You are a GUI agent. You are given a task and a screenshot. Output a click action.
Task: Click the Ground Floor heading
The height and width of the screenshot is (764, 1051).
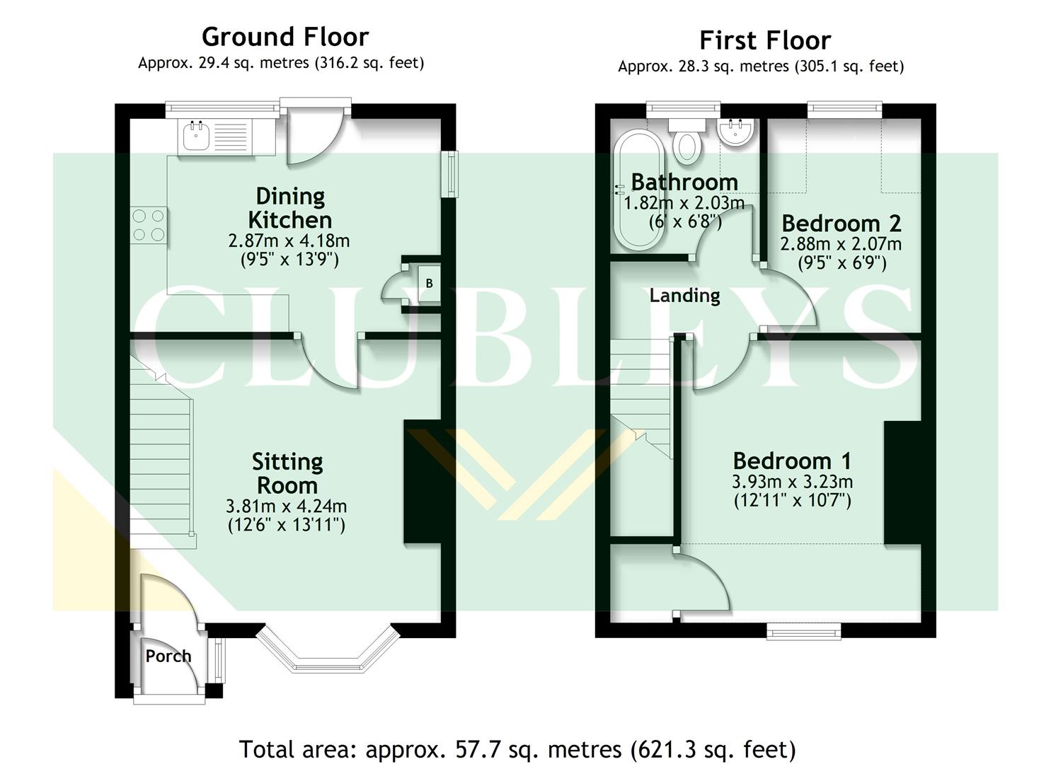tap(285, 37)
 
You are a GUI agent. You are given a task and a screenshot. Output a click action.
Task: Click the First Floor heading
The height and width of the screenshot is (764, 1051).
tap(764, 40)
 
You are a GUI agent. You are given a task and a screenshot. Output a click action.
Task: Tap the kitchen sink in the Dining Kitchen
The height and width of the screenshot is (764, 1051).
tap(195, 136)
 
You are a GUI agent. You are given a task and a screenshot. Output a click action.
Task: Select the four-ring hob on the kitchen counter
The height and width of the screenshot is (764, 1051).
tap(149, 225)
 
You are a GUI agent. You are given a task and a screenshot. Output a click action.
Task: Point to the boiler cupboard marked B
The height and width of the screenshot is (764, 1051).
tap(428, 284)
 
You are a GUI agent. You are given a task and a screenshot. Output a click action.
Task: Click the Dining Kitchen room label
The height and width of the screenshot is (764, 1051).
tap(290, 207)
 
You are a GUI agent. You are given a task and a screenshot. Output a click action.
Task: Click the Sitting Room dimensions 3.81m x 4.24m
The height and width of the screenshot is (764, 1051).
tap(286, 507)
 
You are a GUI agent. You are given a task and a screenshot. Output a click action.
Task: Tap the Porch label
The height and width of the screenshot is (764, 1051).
tap(168, 656)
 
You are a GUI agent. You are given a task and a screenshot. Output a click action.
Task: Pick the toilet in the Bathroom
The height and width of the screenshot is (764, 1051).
tap(686, 140)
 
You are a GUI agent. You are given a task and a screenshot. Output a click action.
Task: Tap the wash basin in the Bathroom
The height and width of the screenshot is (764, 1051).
tap(737, 132)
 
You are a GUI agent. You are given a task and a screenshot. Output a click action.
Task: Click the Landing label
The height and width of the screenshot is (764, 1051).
tap(684, 295)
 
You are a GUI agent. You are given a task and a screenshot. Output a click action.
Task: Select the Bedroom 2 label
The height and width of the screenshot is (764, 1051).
tap(841, 224)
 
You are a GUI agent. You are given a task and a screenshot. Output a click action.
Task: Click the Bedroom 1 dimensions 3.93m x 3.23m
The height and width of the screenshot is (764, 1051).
tap(792, 482)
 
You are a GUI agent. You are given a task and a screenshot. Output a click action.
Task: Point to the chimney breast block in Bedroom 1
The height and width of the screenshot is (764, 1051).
tap(903, 482)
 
